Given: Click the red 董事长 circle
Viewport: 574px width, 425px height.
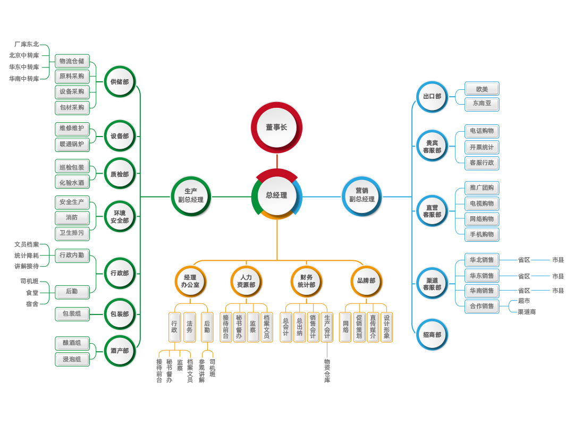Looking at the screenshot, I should point(276,127).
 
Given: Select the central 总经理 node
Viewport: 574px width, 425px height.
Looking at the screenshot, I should point(276,195).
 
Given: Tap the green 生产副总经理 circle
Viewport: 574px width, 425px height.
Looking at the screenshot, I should point(191,195).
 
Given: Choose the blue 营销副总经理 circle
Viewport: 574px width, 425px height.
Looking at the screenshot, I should point(362,195).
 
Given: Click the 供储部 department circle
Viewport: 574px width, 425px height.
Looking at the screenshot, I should point(120,82).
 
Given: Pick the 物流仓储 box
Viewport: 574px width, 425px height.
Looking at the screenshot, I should point(72,61).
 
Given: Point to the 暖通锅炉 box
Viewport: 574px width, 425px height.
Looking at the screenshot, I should point(72,144).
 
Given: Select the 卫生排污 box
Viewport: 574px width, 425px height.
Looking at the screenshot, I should point(72,233).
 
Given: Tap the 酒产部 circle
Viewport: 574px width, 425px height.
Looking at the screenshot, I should point(120,351).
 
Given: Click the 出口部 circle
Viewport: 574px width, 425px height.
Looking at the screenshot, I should point(432,97).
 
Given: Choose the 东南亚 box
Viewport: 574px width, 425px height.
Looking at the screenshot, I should point(482,104).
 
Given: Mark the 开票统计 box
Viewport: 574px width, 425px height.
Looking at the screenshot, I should point(482,147).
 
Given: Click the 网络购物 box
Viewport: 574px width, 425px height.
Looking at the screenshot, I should point(482,219).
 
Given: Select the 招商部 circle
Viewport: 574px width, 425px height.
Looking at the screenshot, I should point(432,335).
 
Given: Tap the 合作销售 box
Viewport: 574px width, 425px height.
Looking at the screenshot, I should point(482,306).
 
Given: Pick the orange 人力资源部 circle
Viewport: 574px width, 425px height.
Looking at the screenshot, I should point(246,281).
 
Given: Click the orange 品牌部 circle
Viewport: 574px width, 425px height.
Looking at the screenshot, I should point(366,281).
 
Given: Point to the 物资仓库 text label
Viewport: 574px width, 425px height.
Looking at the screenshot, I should point(327,371).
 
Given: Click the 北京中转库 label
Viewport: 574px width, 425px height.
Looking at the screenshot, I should point(24,55).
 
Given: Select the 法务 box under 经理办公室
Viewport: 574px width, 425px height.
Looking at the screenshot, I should point(190,327).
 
